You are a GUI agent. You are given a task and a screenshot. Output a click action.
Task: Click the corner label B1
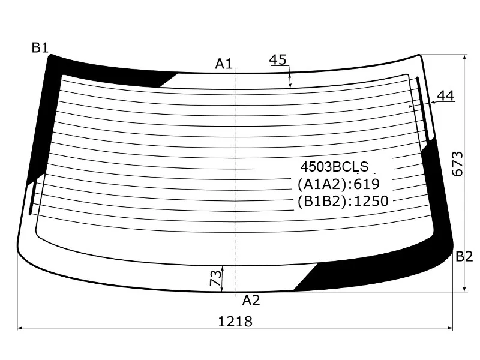[40, 48]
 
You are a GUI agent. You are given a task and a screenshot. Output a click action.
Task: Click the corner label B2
[464, 257]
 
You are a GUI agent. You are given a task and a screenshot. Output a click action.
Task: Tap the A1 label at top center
[224, 64]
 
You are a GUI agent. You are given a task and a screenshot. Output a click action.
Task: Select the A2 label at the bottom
[251, 301]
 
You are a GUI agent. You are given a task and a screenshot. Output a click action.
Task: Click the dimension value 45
[278, 59]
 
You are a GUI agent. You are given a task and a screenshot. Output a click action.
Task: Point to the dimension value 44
[446, 96]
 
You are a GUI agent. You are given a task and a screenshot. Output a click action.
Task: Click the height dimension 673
[458, 164]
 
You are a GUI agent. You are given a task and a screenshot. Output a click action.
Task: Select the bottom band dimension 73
[216, 278]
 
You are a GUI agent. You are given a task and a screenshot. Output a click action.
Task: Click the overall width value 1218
[235, 322]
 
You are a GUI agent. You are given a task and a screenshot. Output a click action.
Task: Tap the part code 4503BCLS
[335, 167]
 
